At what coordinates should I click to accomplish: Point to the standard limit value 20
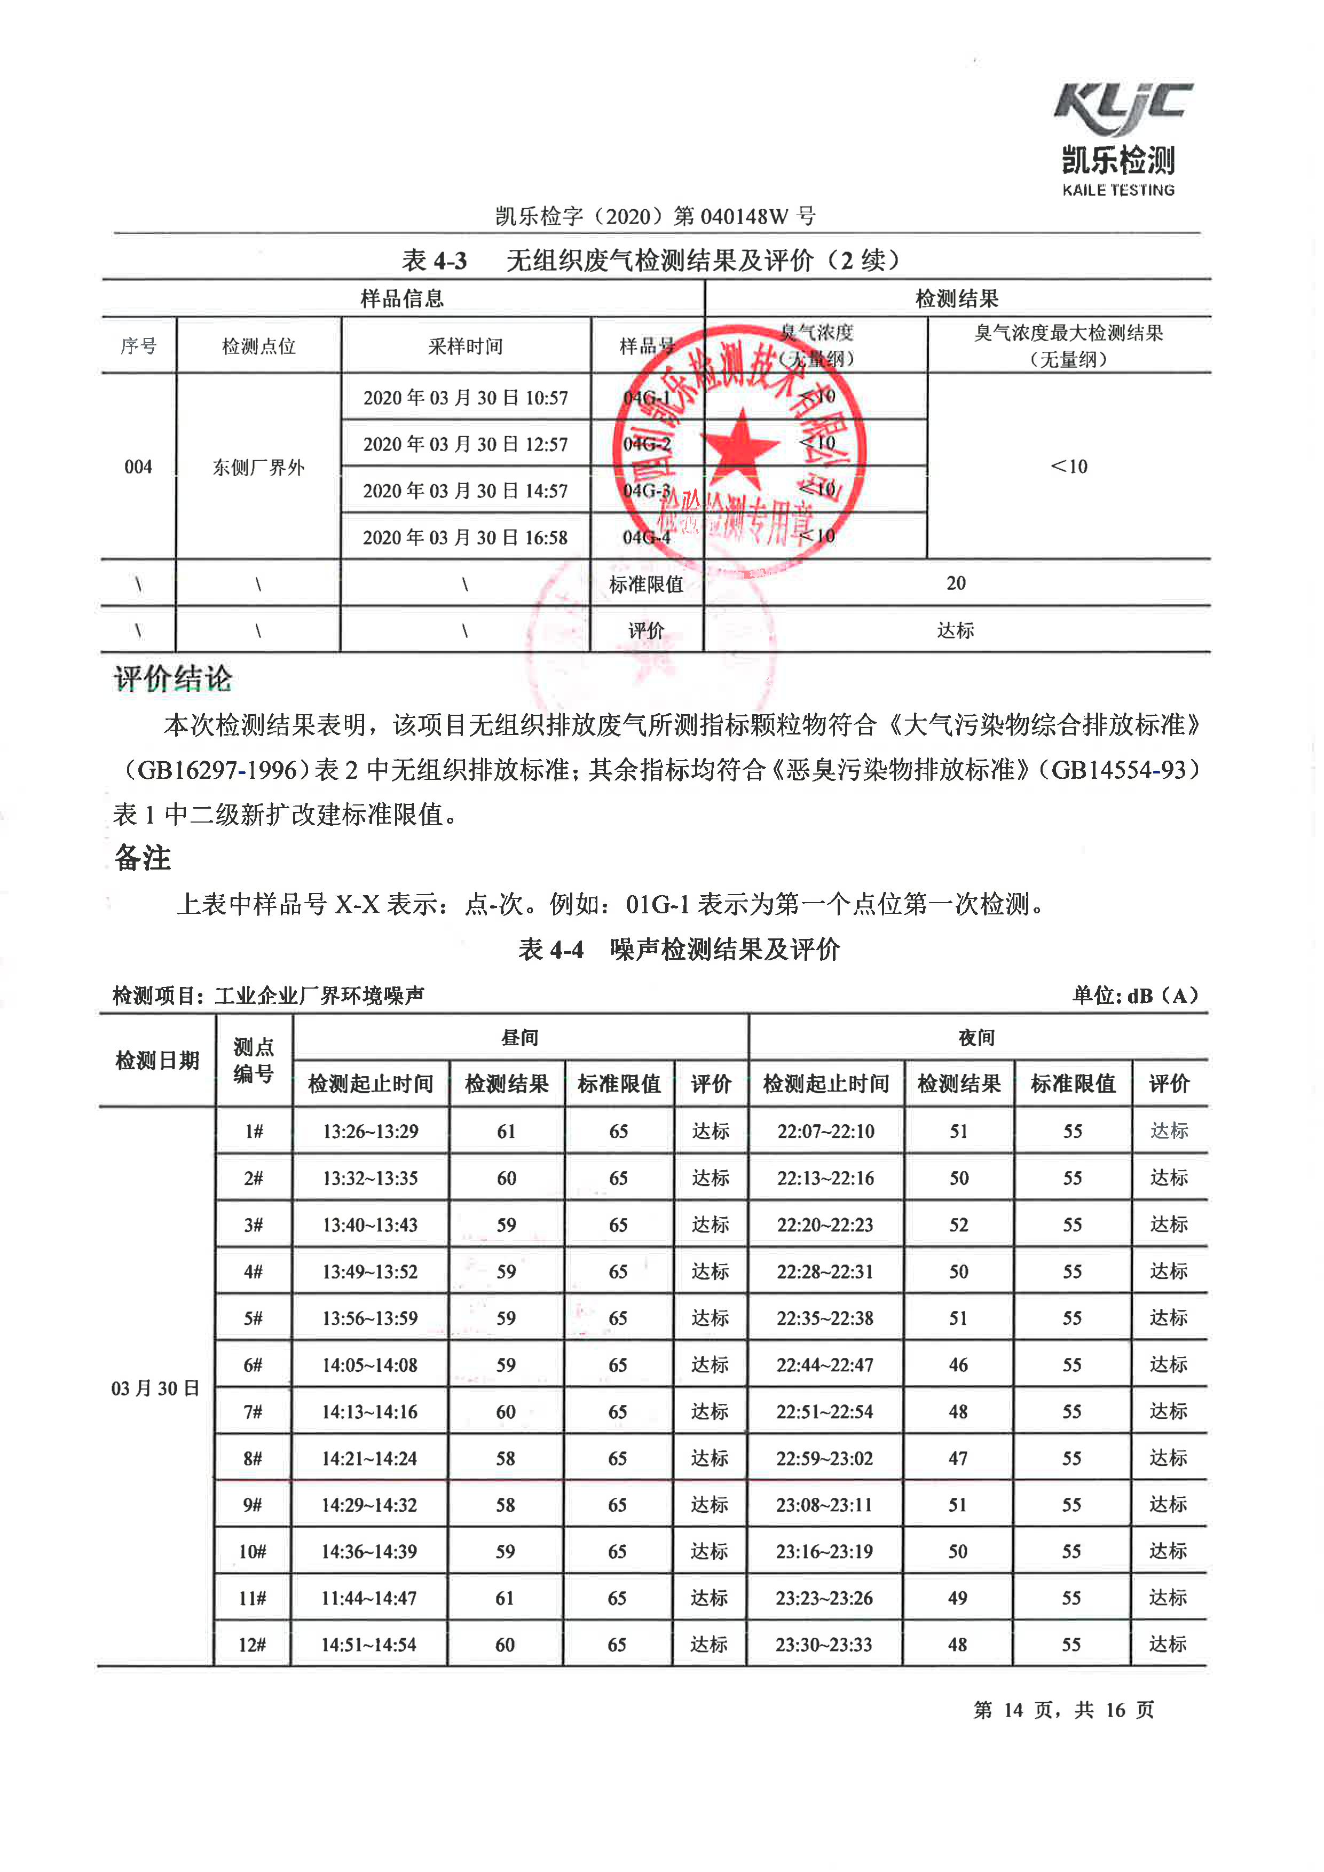tap(956, 583)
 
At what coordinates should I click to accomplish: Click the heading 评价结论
tap(173, 678)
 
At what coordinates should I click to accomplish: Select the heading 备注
tap(143, 858)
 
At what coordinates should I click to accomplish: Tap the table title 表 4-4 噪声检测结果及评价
tap(679, 949)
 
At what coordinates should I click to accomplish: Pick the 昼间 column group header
tap(520, 1037)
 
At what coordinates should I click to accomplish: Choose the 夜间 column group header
tap(976, 1037)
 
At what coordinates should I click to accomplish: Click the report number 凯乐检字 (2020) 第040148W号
tap(656, 216)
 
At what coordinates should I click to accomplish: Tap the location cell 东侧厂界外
tap(258, 467)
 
